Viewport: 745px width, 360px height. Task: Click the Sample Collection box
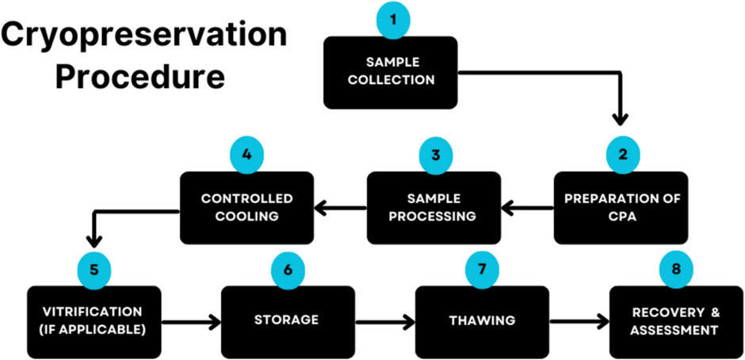(390, 72)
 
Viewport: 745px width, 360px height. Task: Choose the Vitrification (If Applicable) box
(94, 320)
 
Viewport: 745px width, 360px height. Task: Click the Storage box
(287, 320)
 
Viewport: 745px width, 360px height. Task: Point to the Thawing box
(481, 320)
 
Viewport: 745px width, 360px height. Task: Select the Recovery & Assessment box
(675, 320)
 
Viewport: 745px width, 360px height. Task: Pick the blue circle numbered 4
(247, 154)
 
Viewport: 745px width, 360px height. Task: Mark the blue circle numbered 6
(288, 269)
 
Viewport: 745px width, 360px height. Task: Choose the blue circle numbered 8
(675, 269)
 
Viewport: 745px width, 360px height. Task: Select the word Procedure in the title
(145, 78)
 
